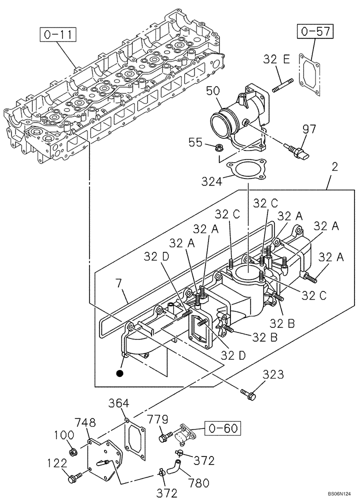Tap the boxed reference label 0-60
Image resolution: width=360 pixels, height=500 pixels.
[221, 428]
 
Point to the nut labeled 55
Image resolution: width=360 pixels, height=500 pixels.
[218, 147]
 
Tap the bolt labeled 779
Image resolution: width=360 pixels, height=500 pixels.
[164, 438]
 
